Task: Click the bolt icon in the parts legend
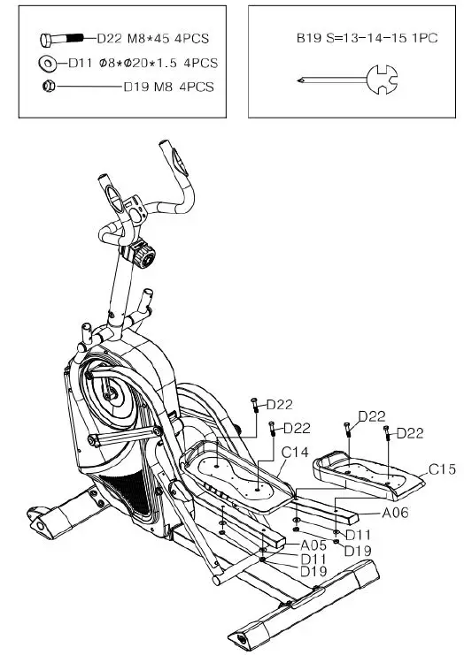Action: point(62,40)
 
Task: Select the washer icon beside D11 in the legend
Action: point(48,64)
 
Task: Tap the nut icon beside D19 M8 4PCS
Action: point(49,87)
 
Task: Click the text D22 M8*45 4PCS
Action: point(152,39)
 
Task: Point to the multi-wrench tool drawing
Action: point(347,80)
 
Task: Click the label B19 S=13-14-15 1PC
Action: point(367,38)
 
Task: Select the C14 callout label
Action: point(295,452)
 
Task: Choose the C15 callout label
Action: point(442,469)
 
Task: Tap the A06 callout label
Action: point(396,512)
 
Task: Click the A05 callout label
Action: point(313,545)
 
